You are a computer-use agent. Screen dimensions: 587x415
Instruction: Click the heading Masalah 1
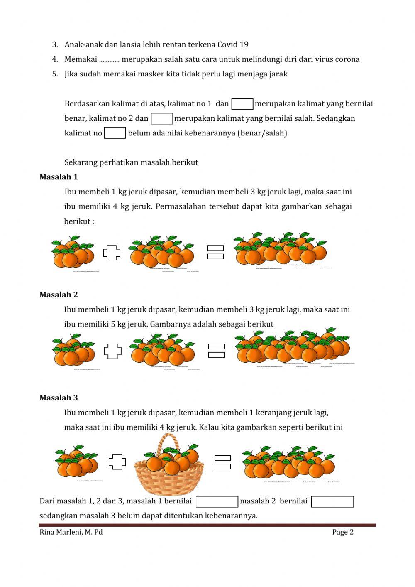tap(59, 177)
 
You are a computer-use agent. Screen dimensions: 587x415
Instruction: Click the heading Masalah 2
tap(59, 295)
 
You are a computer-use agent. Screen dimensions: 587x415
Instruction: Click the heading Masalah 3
tap(59, 398)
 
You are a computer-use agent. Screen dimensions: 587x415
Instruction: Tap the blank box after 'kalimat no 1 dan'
tap(242, 104)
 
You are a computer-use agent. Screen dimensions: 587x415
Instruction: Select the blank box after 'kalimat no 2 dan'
tap(161, 119)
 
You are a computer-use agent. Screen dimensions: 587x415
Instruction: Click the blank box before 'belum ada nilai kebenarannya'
tap(115, 133)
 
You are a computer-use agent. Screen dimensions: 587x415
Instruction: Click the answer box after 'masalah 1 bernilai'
tap(217, 502)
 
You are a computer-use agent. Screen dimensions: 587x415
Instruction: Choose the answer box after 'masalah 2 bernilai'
tap(332, 502)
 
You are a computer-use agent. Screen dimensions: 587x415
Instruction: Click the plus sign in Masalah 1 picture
tap(112, 253)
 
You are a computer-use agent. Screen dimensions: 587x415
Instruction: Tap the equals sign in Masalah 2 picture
tap(216, 351)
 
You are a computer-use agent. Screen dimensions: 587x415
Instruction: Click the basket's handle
tap(168, 440)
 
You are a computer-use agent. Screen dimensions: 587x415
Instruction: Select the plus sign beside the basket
tap(117, 462)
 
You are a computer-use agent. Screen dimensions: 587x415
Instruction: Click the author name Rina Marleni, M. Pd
tap(71, 532)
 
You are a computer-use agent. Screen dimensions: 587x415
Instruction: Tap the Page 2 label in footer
tap(342, 532)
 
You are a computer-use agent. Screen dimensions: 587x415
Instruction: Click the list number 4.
tap(55, 59)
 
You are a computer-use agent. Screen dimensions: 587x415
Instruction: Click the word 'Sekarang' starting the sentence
tap(81, 162)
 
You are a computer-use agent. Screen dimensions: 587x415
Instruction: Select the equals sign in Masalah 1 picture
tap(215, 252)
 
